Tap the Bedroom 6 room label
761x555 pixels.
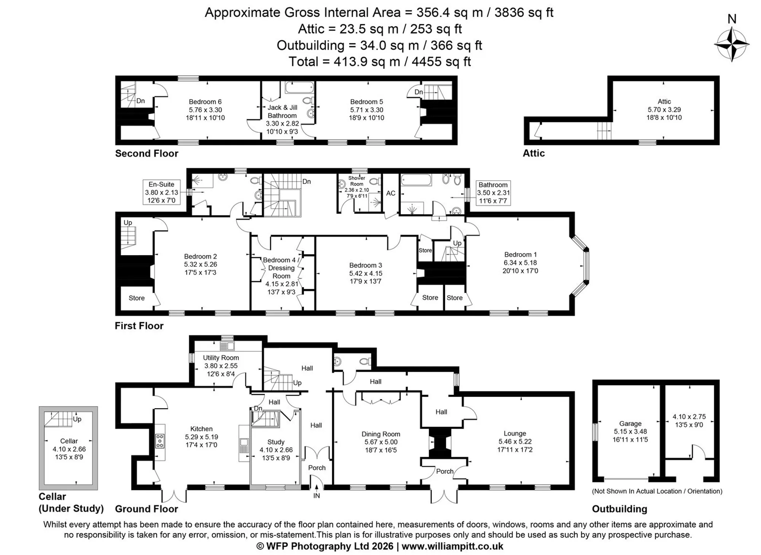pyautogui.click(x=205, y=102)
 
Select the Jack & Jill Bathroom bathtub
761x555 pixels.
pyautogui.click(x=299, y=87)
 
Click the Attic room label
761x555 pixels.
pyautogui.click(x=664, y=101)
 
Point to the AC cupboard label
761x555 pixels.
pyautogui.click(x=391, y=193)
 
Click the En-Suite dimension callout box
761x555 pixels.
pyautogui.click(x=161, y=192)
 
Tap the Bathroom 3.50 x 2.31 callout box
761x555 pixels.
pyautogui.click(x=493, y=193)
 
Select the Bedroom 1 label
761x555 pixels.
pyautogui.click(x=520, y=254)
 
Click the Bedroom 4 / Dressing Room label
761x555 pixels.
pyautogui.click(x=281, y=268)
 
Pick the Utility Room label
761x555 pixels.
pyautogui.click(x=221, y=358)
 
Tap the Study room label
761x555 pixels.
pyautogui.click(x=276, y=442)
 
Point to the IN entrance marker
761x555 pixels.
pyautogui.click(x=317, y=496)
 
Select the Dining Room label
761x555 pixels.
pyautogui.click(x=381, y=434)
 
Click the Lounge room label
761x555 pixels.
pyautogui.click(x=515, y=433)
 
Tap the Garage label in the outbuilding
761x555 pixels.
pyautogui.click(x=630, y=423)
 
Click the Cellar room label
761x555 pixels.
pyautogui.click(x=69, y=441)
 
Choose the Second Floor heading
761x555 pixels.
pyautogui.click(x=146, y=153)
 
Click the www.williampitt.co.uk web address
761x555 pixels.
pyautogui.click(x=452, y=546)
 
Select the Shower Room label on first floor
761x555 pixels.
pyautogui.click(x=357, y=181)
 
